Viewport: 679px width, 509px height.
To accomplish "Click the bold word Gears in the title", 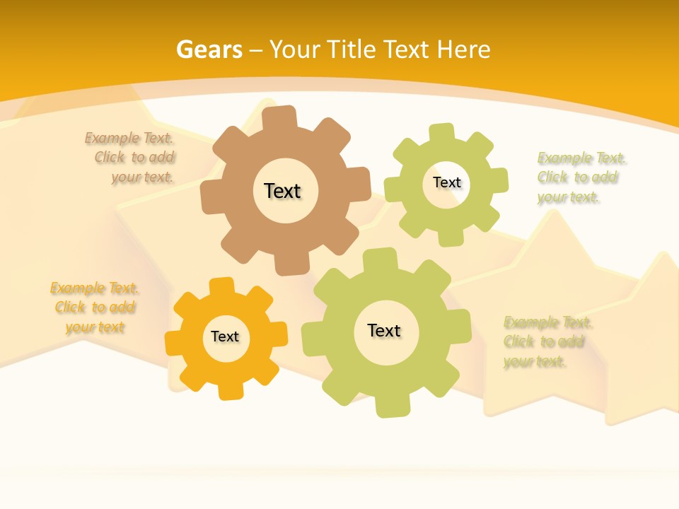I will tap(209, 49).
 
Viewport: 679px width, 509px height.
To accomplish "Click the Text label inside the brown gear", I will tap(282, 191).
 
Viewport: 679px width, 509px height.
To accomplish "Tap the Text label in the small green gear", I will tap(446, 182).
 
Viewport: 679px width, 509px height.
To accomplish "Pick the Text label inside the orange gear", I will tap(225, 337).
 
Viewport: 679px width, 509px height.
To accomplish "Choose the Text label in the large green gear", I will tap(384, 330).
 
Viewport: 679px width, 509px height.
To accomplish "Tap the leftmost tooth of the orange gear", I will tap(174, 344).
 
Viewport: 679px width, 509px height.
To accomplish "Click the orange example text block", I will tap(94, 308).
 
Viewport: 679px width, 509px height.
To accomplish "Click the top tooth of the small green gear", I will tap(441, 133).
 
